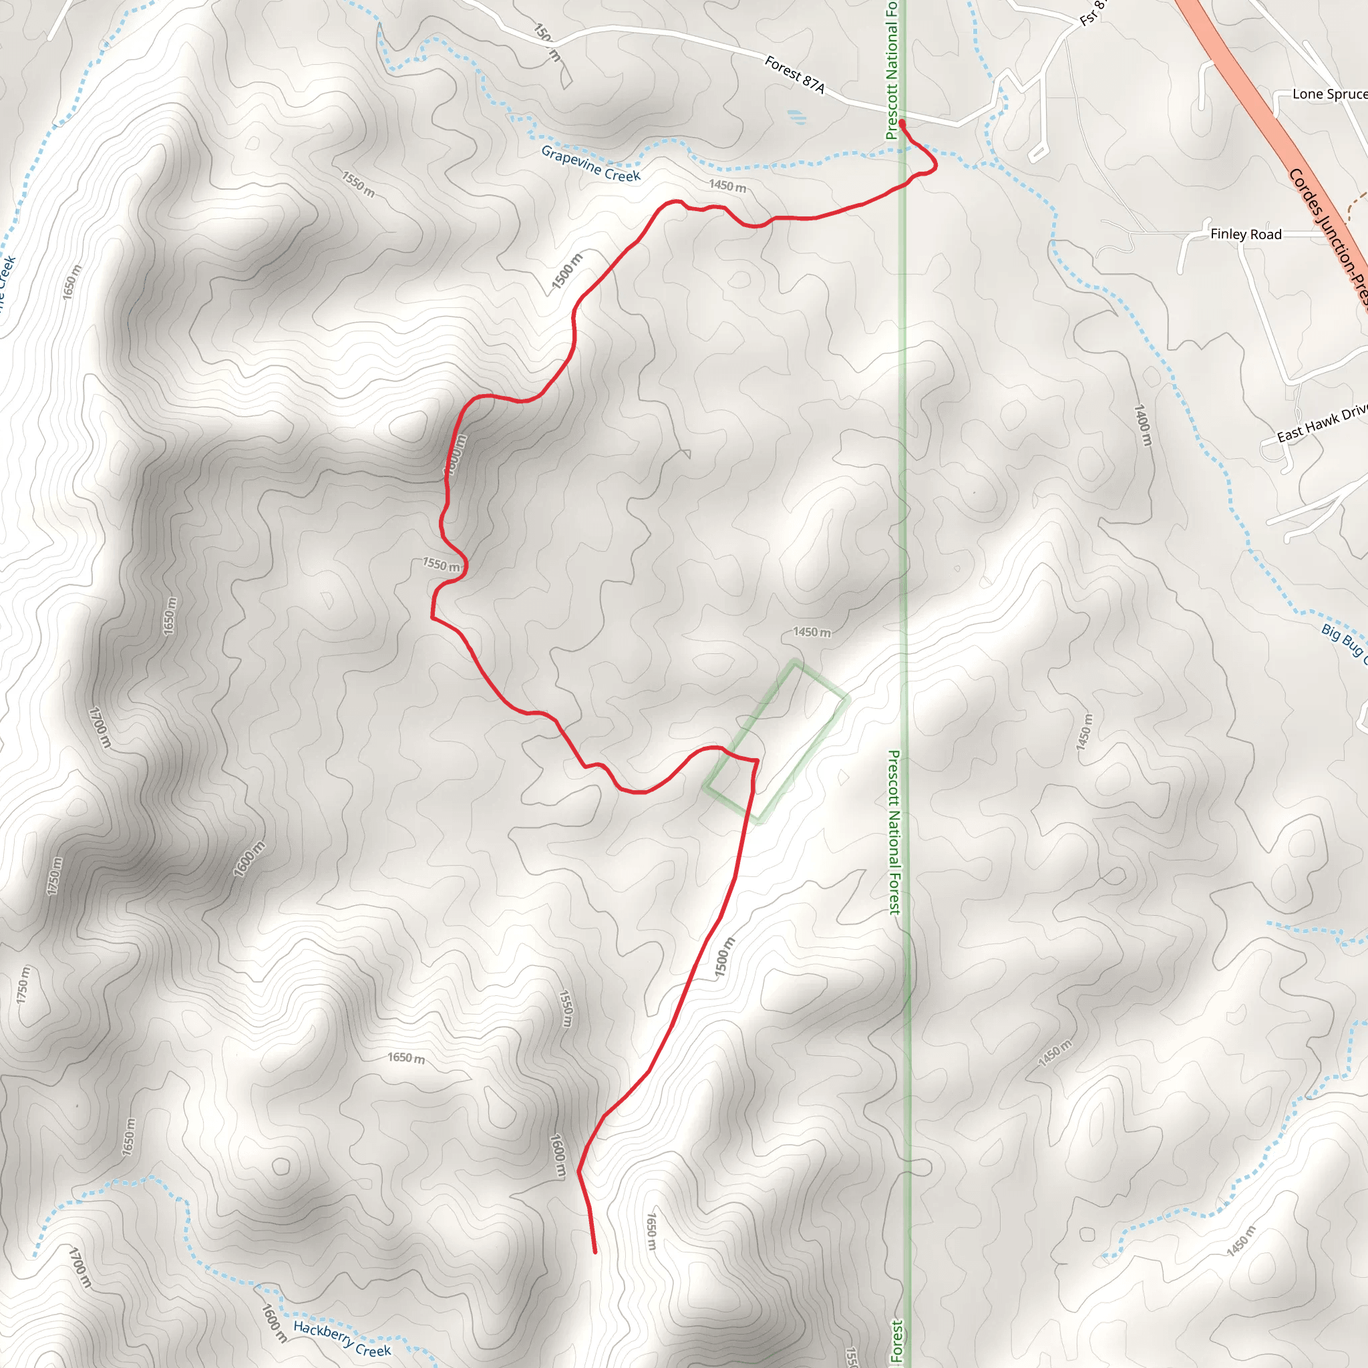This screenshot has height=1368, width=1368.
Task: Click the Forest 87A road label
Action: [x=794, y=74]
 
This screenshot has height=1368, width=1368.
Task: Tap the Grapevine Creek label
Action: [x=590, y=164]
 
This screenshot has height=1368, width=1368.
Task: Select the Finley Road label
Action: [x=1246, y=234]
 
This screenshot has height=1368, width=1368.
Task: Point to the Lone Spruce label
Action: [x=1329, y=94]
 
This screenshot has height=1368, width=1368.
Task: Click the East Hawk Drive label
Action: [x=1321, y=424]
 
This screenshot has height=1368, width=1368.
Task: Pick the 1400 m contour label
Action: [x=1143, y=425]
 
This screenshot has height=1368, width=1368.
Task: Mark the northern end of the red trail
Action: [x=902, y=123]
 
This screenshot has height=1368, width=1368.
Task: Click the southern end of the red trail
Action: [x=594, y=1252]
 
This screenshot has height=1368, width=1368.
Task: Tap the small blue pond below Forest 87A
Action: [x=795, y=114]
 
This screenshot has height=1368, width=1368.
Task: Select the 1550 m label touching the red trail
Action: [x=441, y=564]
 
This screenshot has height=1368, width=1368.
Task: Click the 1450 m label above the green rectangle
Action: [x=812, y=632]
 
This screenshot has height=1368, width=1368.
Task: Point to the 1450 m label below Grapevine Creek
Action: [x=727, y=186]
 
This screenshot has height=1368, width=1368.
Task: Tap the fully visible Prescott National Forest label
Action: [x=894, y=833]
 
